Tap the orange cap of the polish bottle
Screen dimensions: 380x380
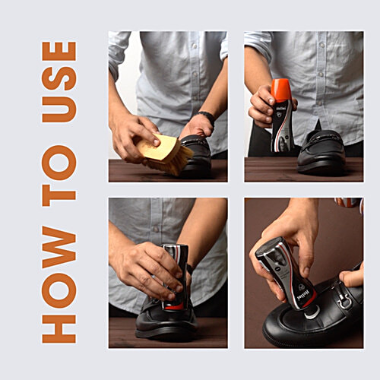coord(281,89)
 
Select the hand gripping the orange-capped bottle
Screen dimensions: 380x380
coord(262,106)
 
